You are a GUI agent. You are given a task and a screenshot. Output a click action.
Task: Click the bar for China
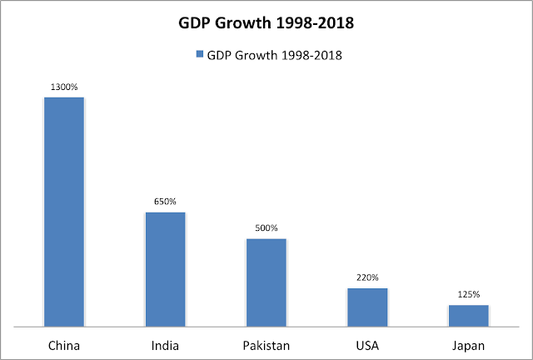64,212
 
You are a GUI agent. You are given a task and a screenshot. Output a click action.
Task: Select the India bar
165,269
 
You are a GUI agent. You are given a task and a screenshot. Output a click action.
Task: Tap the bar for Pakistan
266,282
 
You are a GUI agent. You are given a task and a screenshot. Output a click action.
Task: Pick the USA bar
367,307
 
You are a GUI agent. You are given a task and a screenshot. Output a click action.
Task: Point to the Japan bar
468,315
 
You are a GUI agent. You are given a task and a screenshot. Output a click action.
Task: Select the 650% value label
165,202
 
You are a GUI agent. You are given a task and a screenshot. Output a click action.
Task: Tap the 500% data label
266,228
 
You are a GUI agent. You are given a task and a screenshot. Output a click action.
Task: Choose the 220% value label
367,277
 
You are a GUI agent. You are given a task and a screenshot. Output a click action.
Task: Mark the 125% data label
468,294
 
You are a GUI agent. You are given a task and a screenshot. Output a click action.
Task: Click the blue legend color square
200,54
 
